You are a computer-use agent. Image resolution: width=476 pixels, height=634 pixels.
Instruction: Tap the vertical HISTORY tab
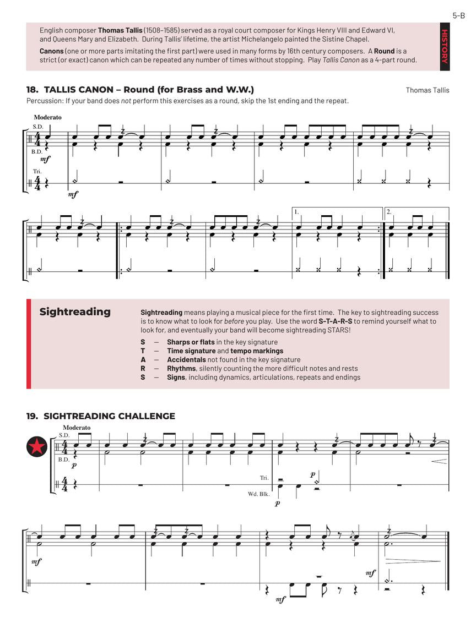445,46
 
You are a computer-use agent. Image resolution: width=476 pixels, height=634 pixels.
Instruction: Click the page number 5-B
459,15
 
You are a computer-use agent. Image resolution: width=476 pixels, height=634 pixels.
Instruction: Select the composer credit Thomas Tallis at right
427,90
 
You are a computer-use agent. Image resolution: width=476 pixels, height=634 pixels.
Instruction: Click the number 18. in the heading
32,90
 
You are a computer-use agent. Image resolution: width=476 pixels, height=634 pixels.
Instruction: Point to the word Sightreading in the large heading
75,312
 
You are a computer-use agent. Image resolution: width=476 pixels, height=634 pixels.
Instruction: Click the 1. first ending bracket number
296,211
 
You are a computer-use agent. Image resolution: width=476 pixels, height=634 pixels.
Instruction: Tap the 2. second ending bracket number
389,211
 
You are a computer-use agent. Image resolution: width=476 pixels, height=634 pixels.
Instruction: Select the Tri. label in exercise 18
36,172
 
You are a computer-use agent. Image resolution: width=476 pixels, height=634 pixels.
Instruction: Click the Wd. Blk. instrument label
258,494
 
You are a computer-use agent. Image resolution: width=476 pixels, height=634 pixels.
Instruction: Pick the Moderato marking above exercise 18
47,117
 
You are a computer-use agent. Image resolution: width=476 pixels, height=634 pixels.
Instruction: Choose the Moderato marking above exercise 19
77,428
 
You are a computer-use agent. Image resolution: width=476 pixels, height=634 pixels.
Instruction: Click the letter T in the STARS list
143,351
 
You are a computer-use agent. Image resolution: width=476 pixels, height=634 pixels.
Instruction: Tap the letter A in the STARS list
143,360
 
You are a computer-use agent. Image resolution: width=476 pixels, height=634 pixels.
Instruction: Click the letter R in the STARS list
143,369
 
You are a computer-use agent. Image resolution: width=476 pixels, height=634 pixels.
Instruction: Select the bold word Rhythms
181,369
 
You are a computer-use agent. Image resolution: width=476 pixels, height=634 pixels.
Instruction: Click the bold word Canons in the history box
51,51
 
